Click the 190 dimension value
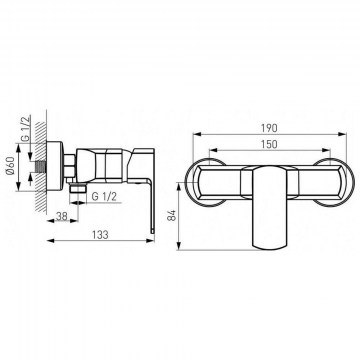(270, 128)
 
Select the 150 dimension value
(270, 144)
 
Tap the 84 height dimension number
(172, 215)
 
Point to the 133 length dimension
(100, 234)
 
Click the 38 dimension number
(61, 216)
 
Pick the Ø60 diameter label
(10, 167)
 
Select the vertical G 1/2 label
(26, 128)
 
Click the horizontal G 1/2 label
(104, 197)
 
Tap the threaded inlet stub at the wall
(40, 166)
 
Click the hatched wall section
(41, 168)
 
